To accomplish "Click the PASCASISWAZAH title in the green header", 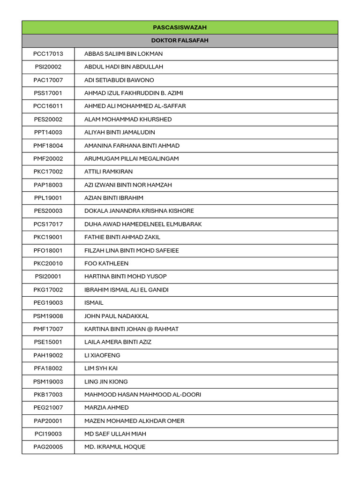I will [x=180, y=28].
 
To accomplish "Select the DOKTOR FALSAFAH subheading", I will [x=180, y=41].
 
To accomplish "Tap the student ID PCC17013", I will [x=48, y=54].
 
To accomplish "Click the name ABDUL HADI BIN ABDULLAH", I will [x=124, y=67].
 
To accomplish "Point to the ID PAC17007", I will [x=48, y=80].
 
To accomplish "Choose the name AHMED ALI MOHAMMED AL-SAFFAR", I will [x=135, y=106].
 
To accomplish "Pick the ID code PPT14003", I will [x=48, y=132].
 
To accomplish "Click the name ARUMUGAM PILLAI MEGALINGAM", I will [x=131, y=158].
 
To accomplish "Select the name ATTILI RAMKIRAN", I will [x=108, y=172].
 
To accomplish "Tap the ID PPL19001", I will [x=48, y=198].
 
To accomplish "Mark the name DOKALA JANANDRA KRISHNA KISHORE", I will [x=139, y=211].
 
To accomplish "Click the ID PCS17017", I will [x=48, y=224].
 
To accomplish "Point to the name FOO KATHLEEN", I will [x=106, y=263].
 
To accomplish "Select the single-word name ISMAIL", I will [x=94, y=303].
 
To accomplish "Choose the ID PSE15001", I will [x=48, y=342].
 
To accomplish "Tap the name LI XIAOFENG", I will [x=102, y=355].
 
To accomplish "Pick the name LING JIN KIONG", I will [x=106, y=382].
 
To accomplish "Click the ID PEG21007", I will [x=48, y=408].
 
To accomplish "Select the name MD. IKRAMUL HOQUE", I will [x=115, y=447].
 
